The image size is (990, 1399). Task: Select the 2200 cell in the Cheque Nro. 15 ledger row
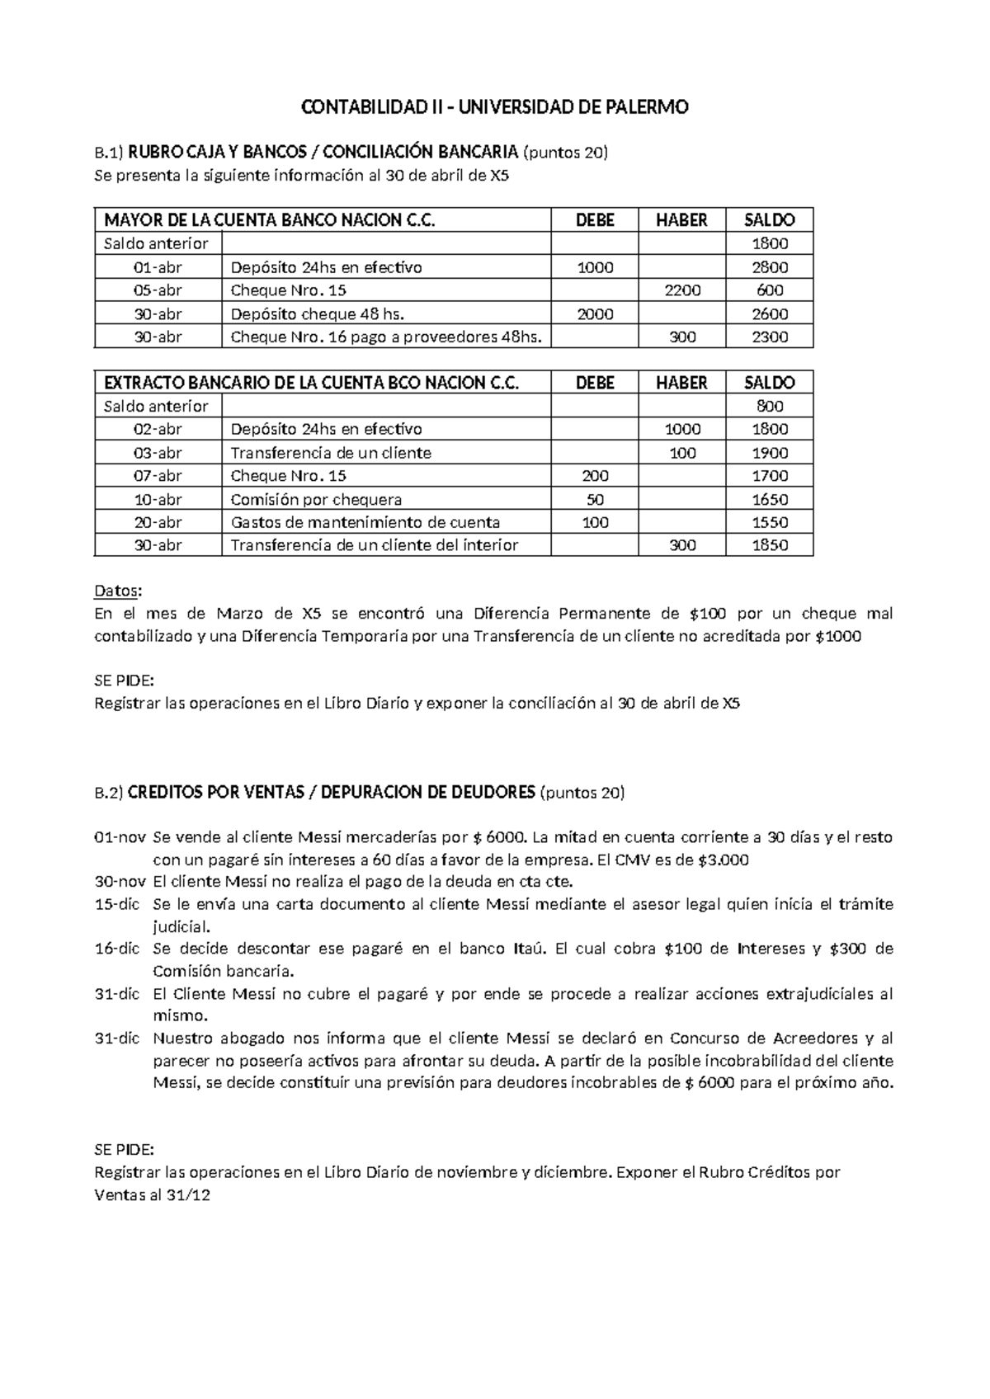coord(682,290)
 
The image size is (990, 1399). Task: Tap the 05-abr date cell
coord(158,290)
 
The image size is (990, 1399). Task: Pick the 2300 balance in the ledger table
coord(770,337)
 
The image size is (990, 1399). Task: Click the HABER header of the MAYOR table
coord(681,220)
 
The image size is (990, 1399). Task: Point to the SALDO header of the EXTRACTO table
coord(770,383)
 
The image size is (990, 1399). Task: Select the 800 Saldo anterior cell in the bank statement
coord(770,406)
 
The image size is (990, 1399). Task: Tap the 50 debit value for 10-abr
coord(594,499)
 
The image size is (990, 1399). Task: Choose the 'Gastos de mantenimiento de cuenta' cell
coord(365,522)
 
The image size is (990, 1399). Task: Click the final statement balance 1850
coord(770,545)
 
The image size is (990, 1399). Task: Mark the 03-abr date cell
coord(158,453)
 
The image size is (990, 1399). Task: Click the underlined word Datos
coord(117,591)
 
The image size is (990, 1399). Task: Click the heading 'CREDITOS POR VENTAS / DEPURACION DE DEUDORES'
coord(330,793)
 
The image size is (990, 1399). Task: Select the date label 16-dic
coord(117,949)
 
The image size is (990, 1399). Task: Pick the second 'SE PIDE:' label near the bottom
coord(124,1150)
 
